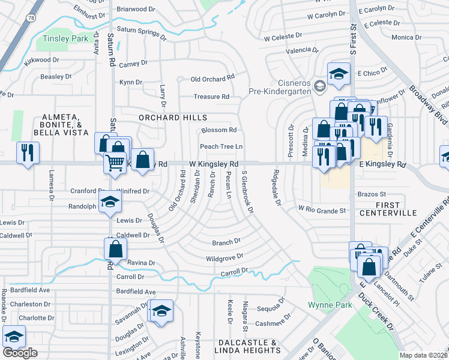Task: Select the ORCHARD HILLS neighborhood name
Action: (x=173, y=118)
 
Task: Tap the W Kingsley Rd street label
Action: (x=214, y=164)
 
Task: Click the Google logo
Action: (x=20, y=353)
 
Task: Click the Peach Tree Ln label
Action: (x=221, y=146)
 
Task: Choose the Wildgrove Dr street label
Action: (x=224, y=257)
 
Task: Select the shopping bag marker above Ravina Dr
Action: (x=115, y=248)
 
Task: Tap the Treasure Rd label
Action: (x=211, y=97)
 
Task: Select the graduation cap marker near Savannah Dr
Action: (x=160, y=311)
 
